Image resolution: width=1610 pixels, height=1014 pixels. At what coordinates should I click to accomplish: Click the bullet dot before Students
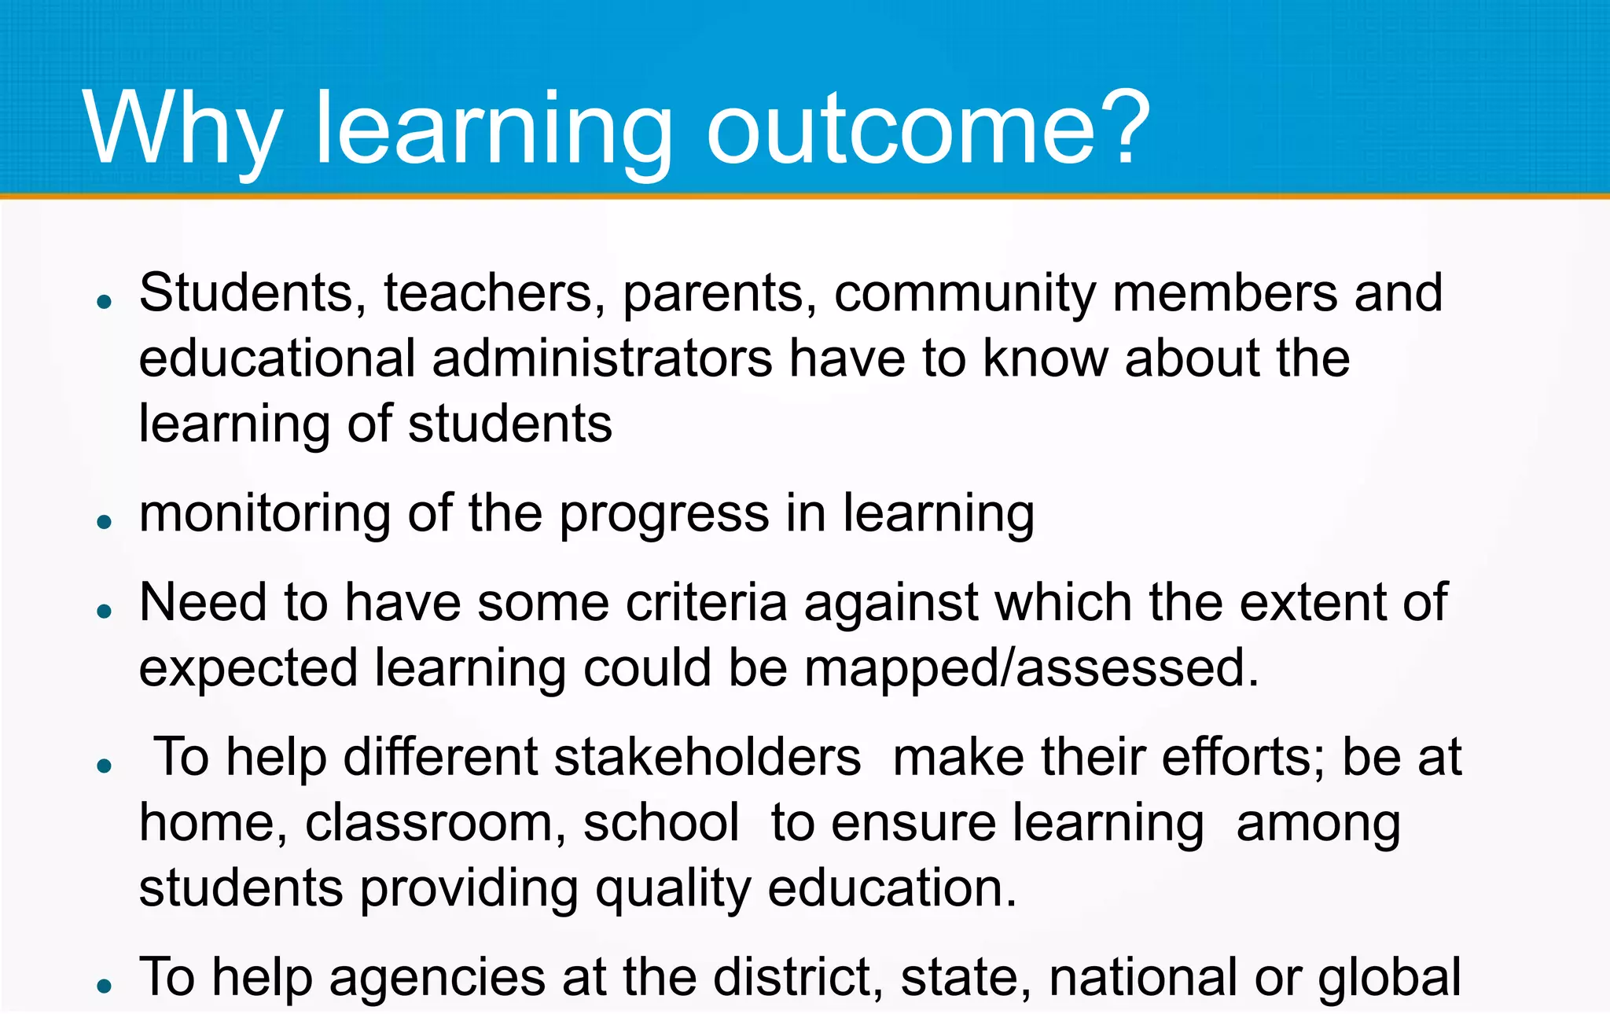click(105, 301)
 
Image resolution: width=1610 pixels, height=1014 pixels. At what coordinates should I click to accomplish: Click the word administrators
click(602, 359)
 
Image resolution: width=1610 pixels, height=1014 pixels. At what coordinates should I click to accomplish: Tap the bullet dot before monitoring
click(105, 521)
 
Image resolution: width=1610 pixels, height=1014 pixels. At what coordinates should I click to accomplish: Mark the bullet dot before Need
click(105, 611)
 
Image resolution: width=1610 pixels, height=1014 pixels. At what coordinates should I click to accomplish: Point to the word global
click(1389, 978)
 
